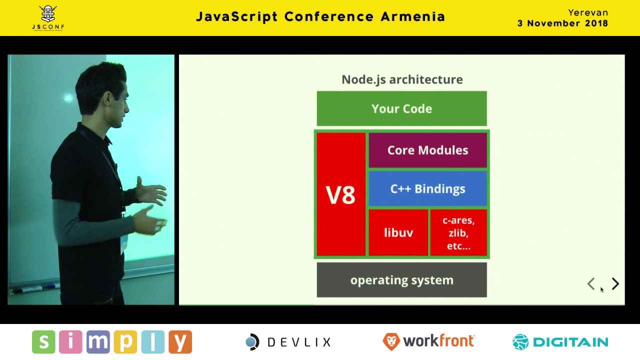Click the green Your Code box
tap(401, 108)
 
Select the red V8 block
tap(341, 194)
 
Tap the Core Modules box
tap(427, 150)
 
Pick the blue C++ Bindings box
tap(427, 189)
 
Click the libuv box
tap(398, 232)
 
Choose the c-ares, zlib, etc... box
tap(458, 232)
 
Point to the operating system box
tap(401, 280)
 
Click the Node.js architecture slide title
tap(402, 79)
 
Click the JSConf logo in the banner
tap(48, 18)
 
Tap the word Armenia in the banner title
tap(413, 16)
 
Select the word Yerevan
tap(588, 13)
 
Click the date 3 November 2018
tap(562, 23)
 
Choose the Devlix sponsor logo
tap(288, 341)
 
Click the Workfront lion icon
tap(391, 341)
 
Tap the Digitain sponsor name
tap(571, 342)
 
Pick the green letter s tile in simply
tap(43, 341)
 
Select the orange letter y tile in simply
tap(180, 341)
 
